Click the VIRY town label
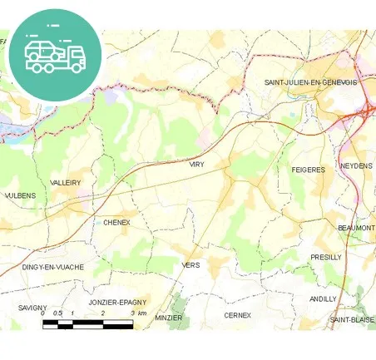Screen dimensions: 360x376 click(196, 165)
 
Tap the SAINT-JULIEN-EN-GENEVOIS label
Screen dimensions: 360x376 click(310, 83)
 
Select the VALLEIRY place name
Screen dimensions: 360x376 click(65, 182)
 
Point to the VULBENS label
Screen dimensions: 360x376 click(21, 195)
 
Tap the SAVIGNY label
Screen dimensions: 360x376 click(32, 308)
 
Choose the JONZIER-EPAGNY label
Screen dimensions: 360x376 click(116, 303)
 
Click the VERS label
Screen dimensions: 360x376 click(190, 264)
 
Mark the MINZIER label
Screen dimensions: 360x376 click(168, 317)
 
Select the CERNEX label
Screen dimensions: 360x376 click(238, 316)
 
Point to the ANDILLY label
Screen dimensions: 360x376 click(323, 298)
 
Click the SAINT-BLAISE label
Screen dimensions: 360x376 click(352, 319)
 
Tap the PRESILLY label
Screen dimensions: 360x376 click(325, 257)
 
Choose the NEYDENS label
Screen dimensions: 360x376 click(357, 166)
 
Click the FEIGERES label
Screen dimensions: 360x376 click(308, 170)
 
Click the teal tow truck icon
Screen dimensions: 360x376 click(55, 54)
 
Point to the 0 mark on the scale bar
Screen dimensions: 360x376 click(43, 313)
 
